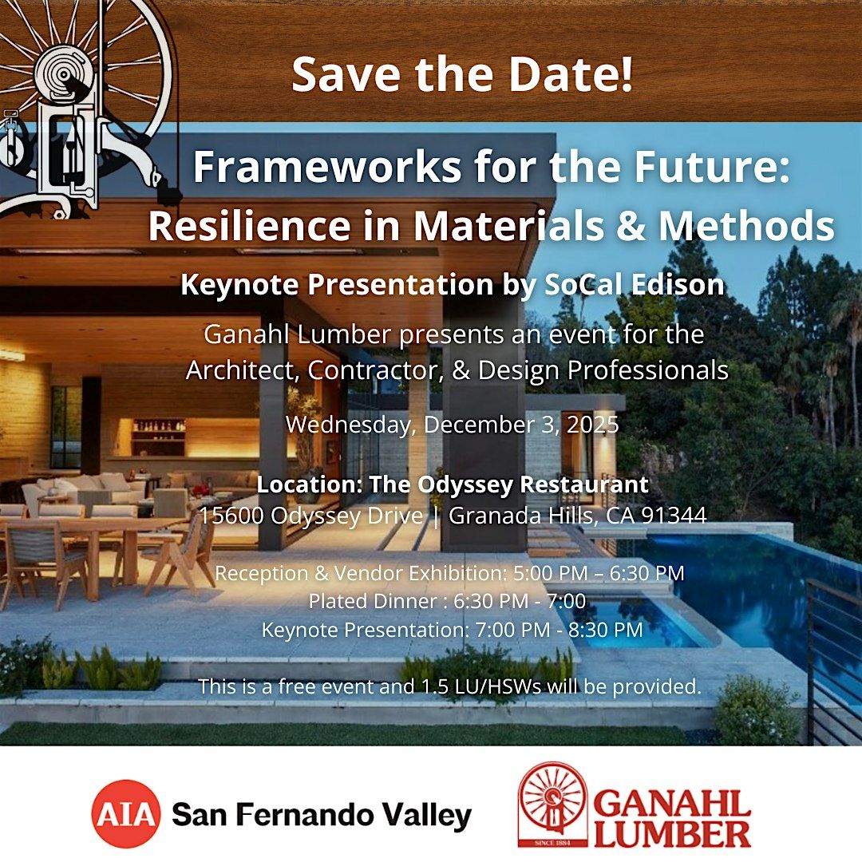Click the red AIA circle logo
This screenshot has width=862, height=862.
(126, 813)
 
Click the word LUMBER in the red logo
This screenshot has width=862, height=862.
(672, 835)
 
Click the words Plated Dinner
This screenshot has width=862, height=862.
(372, 601)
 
